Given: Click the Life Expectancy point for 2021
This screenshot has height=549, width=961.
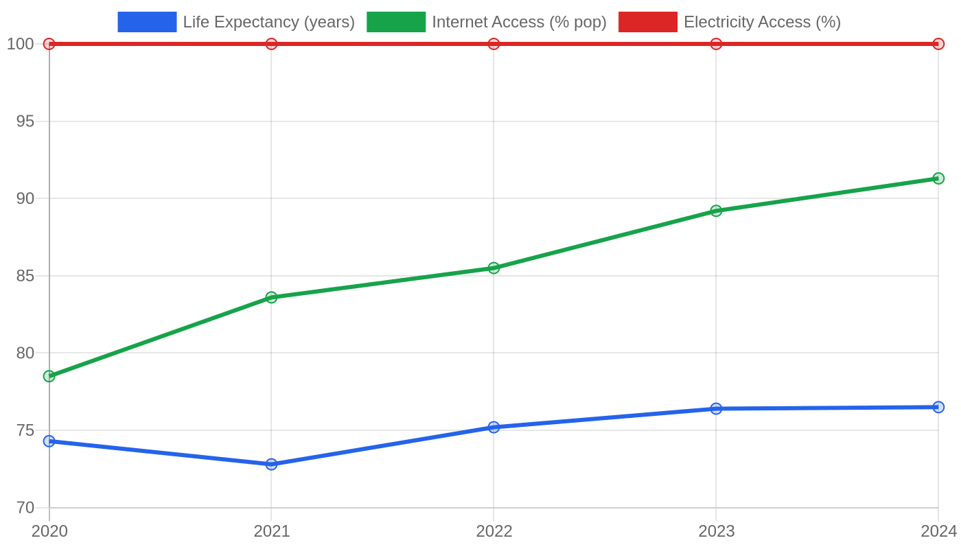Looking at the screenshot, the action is click(x=271, y=464).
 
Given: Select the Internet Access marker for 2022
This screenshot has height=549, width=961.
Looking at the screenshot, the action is click(x=494, y=268).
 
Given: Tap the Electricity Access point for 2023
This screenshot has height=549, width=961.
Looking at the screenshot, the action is click(x=716, y=44).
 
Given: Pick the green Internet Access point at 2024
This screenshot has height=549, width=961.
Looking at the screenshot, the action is click(x=938, y=178).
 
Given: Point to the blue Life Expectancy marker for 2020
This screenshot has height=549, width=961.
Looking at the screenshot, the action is click(x=49, y=441).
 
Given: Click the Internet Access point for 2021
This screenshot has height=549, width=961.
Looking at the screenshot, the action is click(x=271, y=297).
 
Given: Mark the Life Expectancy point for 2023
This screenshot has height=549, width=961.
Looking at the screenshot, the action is click(x=716, y=408).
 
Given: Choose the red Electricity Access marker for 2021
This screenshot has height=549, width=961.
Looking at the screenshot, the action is click(x=271, y=44).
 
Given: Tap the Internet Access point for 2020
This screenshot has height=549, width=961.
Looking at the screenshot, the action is click(x=49, y=376).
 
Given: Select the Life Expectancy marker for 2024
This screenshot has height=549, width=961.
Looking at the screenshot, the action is click(x=938, y=407).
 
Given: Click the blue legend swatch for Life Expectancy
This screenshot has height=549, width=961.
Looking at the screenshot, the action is click(x=147, y=22).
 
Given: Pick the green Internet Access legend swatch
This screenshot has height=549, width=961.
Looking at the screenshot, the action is click(x=396, y=22).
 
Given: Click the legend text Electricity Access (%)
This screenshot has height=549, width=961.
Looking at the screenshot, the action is click(x=763, y=22).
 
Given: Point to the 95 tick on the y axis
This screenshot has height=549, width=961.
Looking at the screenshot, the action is click(x=25, y=121).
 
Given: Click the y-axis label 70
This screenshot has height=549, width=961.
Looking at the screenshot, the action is click(x=25, y=508).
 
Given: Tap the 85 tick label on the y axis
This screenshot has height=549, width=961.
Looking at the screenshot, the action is click(x=25, y=276).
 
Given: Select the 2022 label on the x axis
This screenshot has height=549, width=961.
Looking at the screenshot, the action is click(x=494, y=531).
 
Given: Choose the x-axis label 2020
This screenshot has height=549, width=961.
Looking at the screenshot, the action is click(x=49, y=531).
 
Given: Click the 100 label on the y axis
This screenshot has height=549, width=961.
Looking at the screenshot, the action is click(x=20, y=44).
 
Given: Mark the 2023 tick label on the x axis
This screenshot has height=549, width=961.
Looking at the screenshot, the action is click(x=717, y=531).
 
